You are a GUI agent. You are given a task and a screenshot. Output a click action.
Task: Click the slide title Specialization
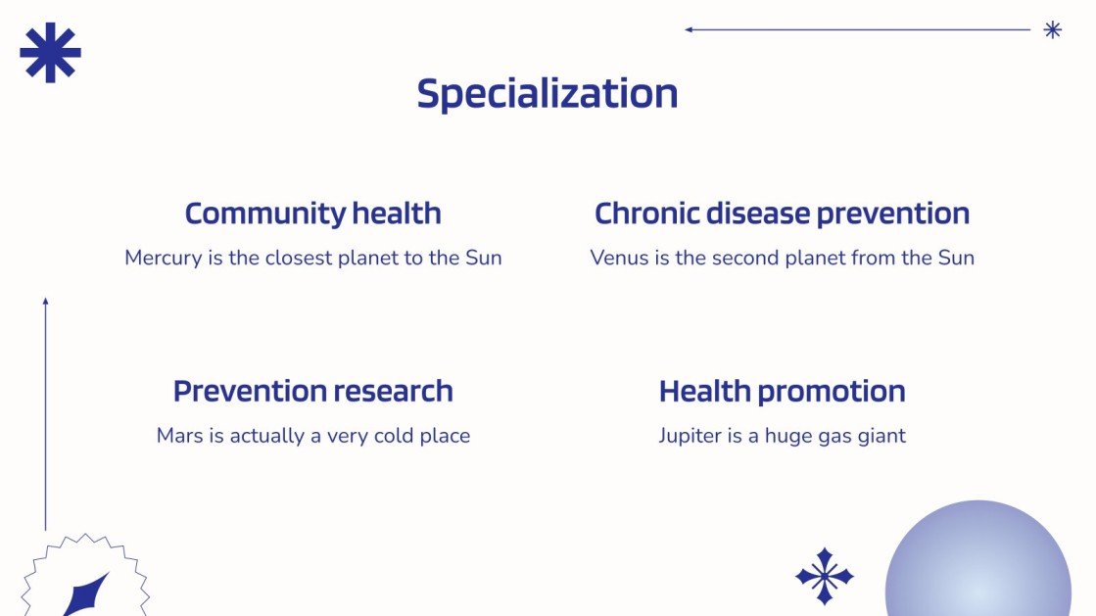click(548, 94)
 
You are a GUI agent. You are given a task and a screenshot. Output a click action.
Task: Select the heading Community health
click(312, 213)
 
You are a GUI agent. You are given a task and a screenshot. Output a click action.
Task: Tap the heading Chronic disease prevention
click(782, 213)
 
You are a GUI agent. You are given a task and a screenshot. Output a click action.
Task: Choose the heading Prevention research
click(312, 391)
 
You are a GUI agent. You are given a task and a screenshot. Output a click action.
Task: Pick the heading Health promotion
click(782, 391)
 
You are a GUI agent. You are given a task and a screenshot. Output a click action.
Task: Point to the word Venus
click(618, 259)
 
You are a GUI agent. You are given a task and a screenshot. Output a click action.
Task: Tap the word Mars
click(178, 436)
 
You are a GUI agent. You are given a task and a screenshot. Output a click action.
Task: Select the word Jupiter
click(689, 436)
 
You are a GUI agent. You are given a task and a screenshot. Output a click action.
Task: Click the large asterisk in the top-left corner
click(50, 53)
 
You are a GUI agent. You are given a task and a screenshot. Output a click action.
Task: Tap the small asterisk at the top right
click(1053, 29)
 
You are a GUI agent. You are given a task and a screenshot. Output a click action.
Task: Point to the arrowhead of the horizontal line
click(689, 29)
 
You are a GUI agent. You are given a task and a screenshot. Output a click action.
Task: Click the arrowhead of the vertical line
click(45, 302)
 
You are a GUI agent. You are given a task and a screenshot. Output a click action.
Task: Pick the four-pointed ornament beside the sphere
click(824, 576)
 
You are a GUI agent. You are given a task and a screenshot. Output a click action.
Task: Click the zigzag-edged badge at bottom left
click(84, 584)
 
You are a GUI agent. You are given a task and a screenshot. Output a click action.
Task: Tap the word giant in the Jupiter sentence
click(881, 436)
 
